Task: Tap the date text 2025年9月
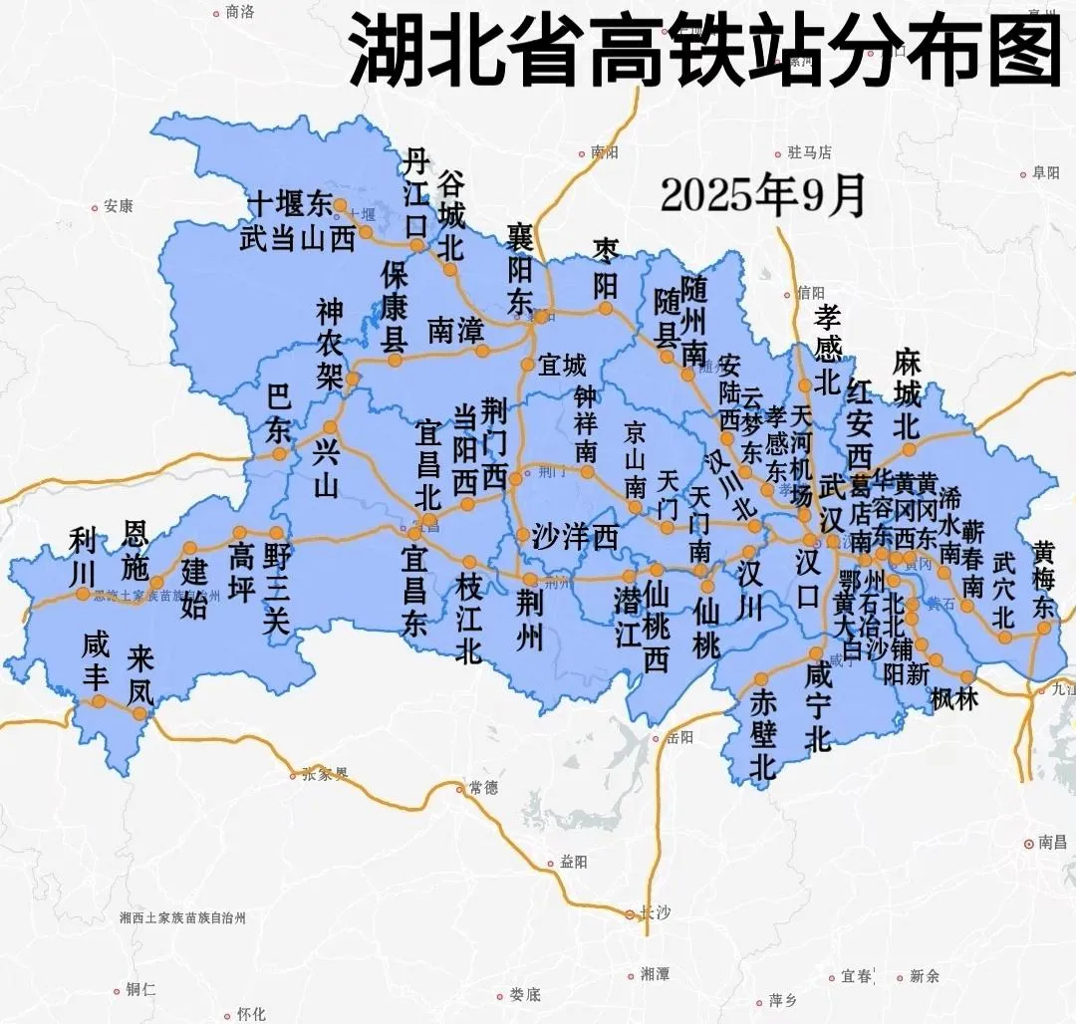click(762, 195)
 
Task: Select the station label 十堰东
click(289, 205)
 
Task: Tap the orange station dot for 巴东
click(280, 454)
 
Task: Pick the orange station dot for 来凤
click(140, 713)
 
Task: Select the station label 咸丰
click(97, 661)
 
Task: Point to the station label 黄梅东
click(1043, 580)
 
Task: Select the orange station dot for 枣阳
click(606, 308)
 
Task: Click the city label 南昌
click(1051, 843)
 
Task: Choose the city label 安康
click(118, 207)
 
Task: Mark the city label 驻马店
click(808, 153)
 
